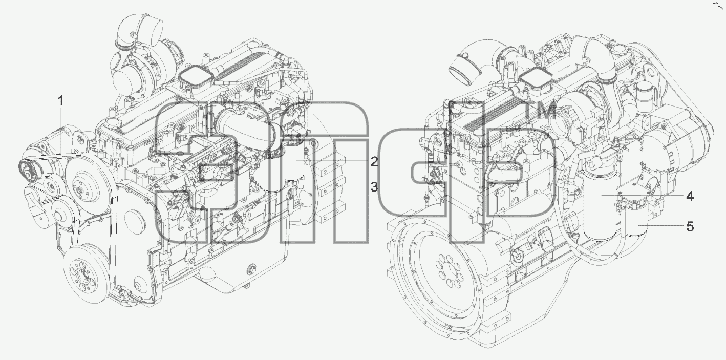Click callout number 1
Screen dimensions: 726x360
60,101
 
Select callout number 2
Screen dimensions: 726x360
374,162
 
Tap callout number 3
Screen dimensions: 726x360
374,187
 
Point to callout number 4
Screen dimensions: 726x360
690,197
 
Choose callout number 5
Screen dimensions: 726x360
690,226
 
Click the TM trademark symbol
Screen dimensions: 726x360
541,110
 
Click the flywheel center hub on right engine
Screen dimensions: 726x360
449,270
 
